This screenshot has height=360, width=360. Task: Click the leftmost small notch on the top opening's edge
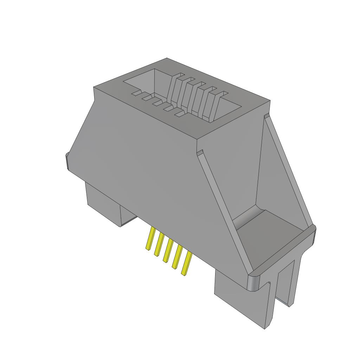[136, 94]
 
